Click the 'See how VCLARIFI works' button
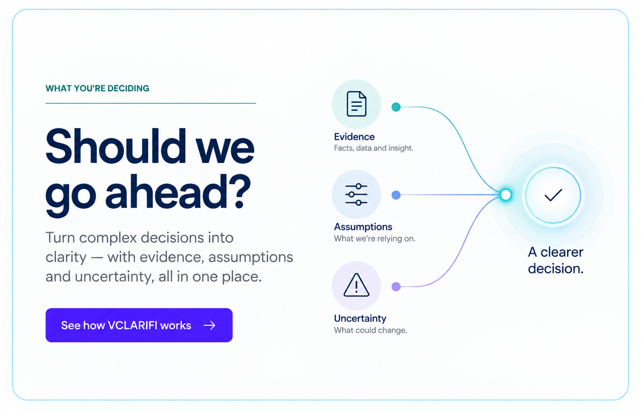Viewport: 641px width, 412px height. pyautogui.click(x=139, y=325)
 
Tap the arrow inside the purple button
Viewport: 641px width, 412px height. pyautogui.click(x=209, y=326)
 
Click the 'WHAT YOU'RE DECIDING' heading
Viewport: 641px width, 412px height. pyautogui.click(x=97, y=88)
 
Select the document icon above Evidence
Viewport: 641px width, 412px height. pyautogui.click(x=356, y=104)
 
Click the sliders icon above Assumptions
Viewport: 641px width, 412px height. pyautogui.click(x=356, y=195)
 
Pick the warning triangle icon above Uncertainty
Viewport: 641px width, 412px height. pyautogui.click(x=356, y=285)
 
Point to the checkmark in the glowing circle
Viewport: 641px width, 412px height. pyautogui.click(x=553, y=195)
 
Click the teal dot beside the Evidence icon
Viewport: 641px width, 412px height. pyautogui.click(x=396, y=107)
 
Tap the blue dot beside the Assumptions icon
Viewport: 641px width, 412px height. pyautogui.click(x=396, y=195)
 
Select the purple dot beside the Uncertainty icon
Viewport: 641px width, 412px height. pyautogui.click(x=396, y=287)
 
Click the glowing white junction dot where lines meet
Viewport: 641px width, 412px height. pyautogui.click(x=506, y=195)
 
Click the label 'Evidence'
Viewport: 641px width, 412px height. pyautogui.click(x=354, y=137)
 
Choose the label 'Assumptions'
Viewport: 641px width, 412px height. pyautogui.click(x=363, y=227)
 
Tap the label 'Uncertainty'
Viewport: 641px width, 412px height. pyautogui.click(x=360, y=318)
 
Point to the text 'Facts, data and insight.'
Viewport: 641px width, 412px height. pyautogui.click(x=374, y=148)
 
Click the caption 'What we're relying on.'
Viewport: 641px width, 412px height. pyautogui.click(x=375, y=239)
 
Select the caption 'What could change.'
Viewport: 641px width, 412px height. pyautogui.click(x=371, y=330)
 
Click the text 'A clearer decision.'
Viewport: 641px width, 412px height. pyautogui.click(x=556, y=260)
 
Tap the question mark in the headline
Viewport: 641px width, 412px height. pyautogui.click(x=238, y=191)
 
